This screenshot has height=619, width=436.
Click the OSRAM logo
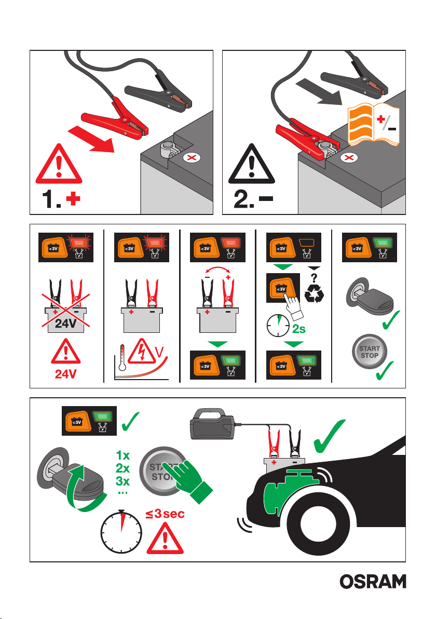(373, 582)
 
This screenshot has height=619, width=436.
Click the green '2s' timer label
(298, 329)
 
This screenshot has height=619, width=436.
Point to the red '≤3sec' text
(165, 514)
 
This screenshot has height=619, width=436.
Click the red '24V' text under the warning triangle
(65, 373)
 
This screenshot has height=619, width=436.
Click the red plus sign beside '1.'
(73, 198)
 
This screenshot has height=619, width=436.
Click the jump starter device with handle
(213, 424)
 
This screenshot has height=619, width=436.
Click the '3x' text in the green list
(122, 481)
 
